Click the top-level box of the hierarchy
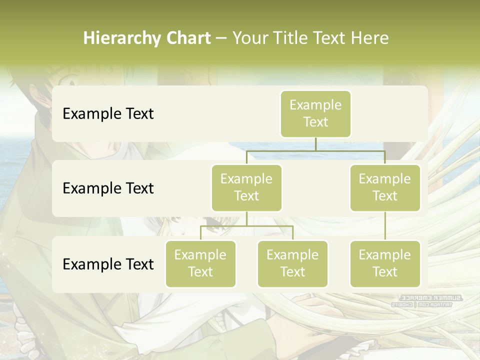click(315, 113)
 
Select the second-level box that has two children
click(246, 187)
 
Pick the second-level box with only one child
click(385, 187)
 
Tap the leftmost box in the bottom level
click(200, 263)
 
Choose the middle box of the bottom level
click(292, 263)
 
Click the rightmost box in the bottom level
click(385, 263)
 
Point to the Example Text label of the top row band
click(108, 113)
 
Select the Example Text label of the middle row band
click(108, 188)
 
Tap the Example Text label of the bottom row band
click(108, 264)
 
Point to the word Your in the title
click(249, 38)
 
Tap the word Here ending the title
click(370, 38)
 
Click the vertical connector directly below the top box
click(315, 144)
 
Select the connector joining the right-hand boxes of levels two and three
click(385, 225)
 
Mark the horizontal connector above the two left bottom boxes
click(246, 226)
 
